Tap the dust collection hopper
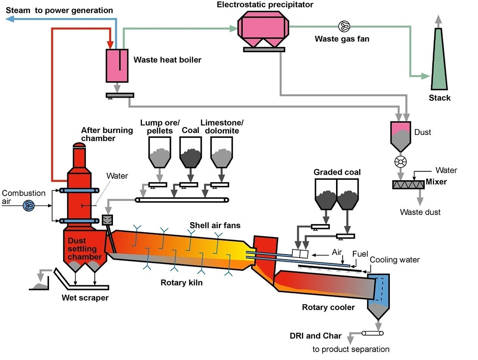coord(401,134)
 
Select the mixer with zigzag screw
coord(408,184)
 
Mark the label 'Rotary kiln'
coord(181,282)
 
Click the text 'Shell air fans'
coord(215,226)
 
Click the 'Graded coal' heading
coord(337,172)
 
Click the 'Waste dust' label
coord(420,212)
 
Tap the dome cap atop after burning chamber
coord(79,145)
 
